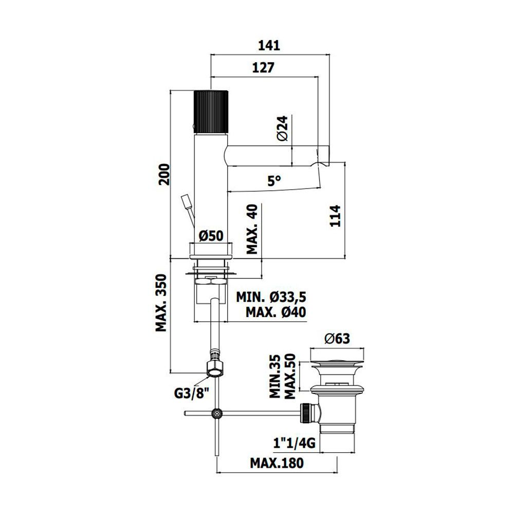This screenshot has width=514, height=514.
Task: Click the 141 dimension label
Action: (x=269, y=46)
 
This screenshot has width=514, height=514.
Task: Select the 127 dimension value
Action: (x=263, y=67)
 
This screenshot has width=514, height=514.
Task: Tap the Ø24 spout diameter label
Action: (x=282, y=128)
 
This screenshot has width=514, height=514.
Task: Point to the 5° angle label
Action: (x=274, y=180)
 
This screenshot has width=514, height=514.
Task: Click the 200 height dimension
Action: (x=164, y=174)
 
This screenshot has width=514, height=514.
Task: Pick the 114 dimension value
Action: (x=335, y=216)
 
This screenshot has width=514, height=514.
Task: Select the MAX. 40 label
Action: (x=252, y=229)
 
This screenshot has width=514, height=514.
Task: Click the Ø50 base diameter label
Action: (x=211, y=235)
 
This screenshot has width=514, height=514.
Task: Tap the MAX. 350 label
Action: (x=161, y=303)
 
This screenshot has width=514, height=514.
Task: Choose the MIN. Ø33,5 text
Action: (x=271, y=297)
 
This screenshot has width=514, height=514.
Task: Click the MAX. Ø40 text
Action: (x=276, y=312)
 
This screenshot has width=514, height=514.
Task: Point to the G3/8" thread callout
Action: (x=191, y=393)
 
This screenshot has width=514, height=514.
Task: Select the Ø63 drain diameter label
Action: (x=337, y=339)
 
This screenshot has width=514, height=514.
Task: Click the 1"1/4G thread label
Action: (x=295, y=443)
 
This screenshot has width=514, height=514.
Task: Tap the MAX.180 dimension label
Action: (x=277, y=463)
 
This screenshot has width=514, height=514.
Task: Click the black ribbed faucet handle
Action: (x=211, y=111)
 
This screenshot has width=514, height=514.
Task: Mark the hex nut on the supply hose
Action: (x=215, y=369)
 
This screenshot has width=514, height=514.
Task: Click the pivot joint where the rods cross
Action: (x=217, y=413)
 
